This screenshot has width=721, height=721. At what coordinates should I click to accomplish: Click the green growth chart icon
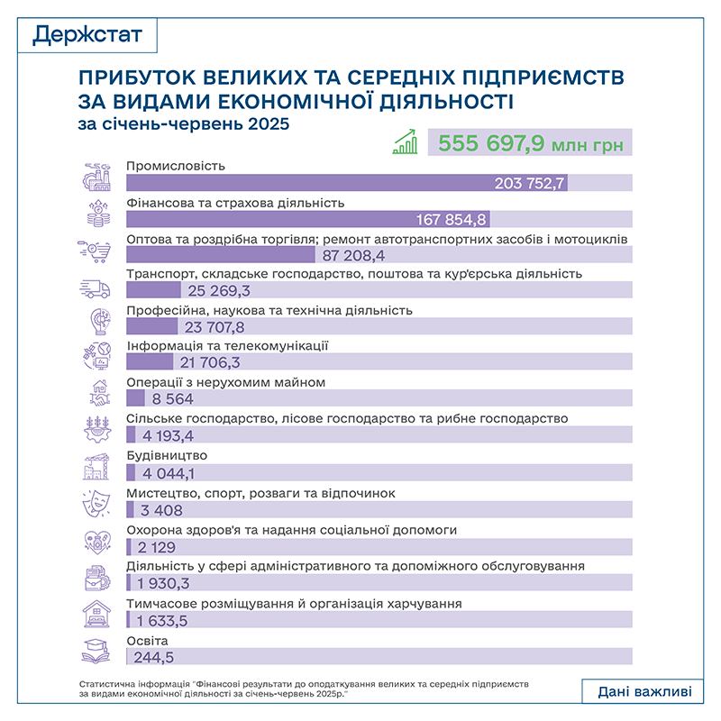click(406, 142)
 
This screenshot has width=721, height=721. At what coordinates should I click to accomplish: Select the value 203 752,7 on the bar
click(530, 183)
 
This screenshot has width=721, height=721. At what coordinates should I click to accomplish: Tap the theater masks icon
click(96, 501)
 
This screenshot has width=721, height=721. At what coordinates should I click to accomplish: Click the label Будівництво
click(168, 455)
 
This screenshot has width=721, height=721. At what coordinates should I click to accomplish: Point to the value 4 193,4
click(168, 437)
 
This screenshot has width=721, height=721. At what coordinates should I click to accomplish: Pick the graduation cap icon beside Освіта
click(96, 647)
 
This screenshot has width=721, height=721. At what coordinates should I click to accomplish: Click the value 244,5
click(154, 654)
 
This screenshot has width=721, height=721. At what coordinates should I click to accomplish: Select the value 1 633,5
click(168, 620)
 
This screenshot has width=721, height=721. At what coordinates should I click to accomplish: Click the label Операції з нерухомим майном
click(225, 382)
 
